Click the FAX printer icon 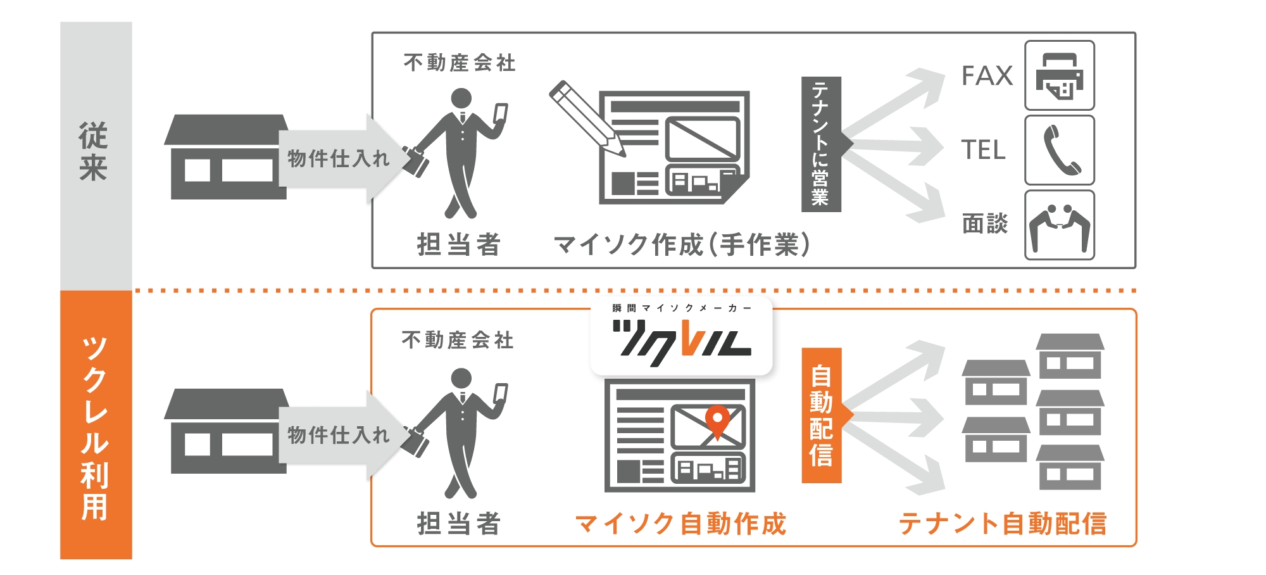1060,75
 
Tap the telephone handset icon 1060,150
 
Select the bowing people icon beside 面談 1060,225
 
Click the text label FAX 987,76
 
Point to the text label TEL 983,150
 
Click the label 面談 984,224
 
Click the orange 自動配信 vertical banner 821,415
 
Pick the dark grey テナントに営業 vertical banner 820,144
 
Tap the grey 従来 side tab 96,152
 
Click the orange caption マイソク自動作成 680,524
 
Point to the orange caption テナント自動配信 1002,524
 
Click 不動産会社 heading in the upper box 460,63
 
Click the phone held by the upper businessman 501,114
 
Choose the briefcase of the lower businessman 415,441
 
